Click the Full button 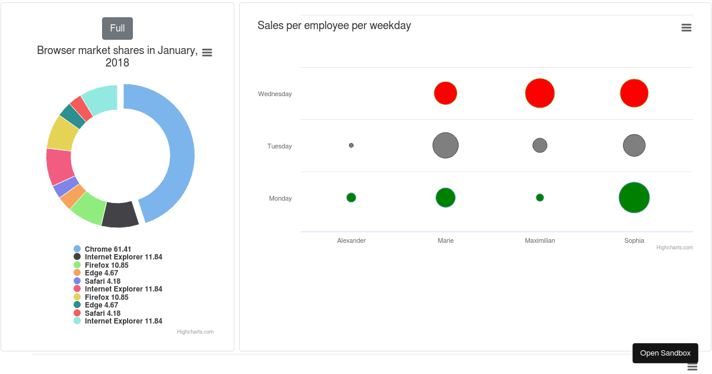(x=117, y=28)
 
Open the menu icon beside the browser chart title (x=207, y=53)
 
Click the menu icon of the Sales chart (x=686, y=28)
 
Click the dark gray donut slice (x=120, y=215)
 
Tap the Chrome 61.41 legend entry (x=107, y=249)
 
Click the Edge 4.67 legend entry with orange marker (x=101, y=273)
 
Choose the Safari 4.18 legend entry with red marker (x=102, y=313)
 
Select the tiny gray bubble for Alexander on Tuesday (x=351, y=145)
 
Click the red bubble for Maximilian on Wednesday (x=540, y=93)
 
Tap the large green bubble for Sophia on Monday (x=634, y=198)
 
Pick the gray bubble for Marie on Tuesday (x=446, y=145)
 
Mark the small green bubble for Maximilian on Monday (x=540, y=198)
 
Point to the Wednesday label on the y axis (x=275, y=94)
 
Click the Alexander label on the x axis (x=351, y=240)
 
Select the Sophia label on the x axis (x=634, y=240)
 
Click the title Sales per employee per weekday (x=334, y=26)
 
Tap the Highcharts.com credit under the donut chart (x=195, y=332)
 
